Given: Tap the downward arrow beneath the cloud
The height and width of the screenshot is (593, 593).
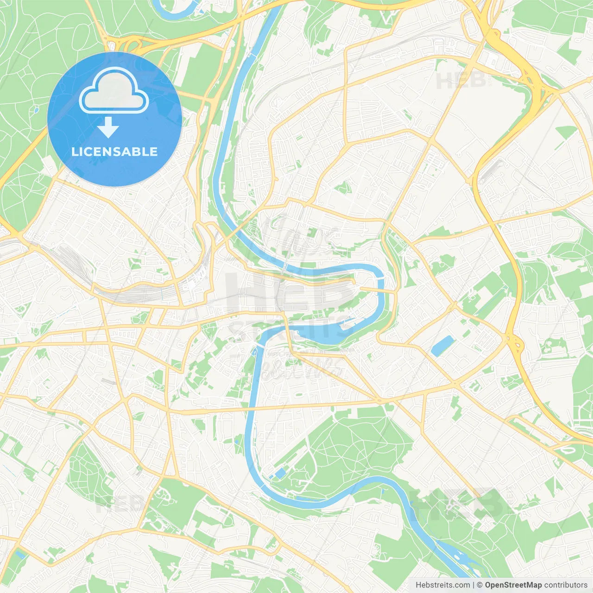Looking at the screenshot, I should [108, 127].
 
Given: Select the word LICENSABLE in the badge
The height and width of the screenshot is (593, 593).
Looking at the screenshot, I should [114, 151].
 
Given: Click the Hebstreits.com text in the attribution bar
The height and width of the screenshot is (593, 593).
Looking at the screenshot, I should [442, 585].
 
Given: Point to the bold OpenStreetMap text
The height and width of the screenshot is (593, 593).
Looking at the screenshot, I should [513, 585].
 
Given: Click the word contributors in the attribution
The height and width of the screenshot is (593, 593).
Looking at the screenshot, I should [566, 585].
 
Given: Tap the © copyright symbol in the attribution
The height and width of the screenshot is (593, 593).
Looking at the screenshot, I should [480, 585].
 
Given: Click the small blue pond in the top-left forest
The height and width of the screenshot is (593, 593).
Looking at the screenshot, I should [35, 110].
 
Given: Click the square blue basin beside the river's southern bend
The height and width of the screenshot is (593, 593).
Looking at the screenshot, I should [280, 473].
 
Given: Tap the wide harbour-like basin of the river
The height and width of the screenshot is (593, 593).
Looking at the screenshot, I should [324, 334].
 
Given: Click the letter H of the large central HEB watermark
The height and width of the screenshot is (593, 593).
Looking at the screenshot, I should [243, 292].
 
